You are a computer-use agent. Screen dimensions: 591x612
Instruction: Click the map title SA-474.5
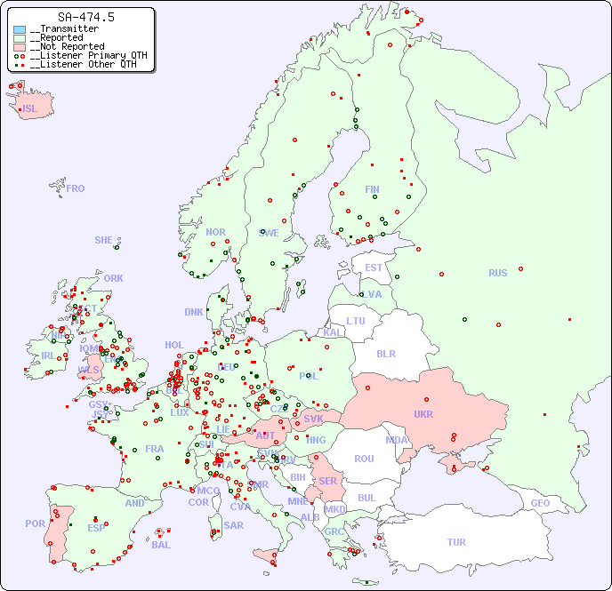tap(85, 17)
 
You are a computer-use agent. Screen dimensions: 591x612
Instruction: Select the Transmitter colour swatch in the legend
tap(20, 29)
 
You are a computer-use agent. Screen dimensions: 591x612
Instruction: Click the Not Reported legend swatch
tap(20, 47)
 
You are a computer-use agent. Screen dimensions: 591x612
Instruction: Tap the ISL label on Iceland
tap(30, 109)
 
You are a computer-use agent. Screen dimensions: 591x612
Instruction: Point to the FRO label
tap(76, 188)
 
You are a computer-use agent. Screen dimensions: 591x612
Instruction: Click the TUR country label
tap(456, 542)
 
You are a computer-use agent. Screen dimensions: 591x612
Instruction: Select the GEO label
tap(540, 503)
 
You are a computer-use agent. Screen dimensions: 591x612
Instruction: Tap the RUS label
tap(497, 273)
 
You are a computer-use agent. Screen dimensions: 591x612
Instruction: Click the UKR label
tap(423, 414)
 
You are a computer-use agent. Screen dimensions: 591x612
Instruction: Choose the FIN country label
tap(372, 189)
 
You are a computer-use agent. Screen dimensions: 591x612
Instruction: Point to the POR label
tap(35, 523)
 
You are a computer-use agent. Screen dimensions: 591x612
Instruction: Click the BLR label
tap(386, 353)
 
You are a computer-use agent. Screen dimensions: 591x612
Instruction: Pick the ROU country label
tap(364, 459)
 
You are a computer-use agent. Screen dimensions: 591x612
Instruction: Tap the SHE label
tap(104, 240)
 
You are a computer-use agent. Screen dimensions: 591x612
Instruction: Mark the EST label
tap(374, 268)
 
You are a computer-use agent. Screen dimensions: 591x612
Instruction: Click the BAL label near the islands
tap(161, 545)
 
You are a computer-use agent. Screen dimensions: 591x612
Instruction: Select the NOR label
tap(216, 232)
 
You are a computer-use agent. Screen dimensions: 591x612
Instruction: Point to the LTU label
tap(356, 321)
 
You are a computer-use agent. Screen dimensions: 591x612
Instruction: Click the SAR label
tap(234, 525)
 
